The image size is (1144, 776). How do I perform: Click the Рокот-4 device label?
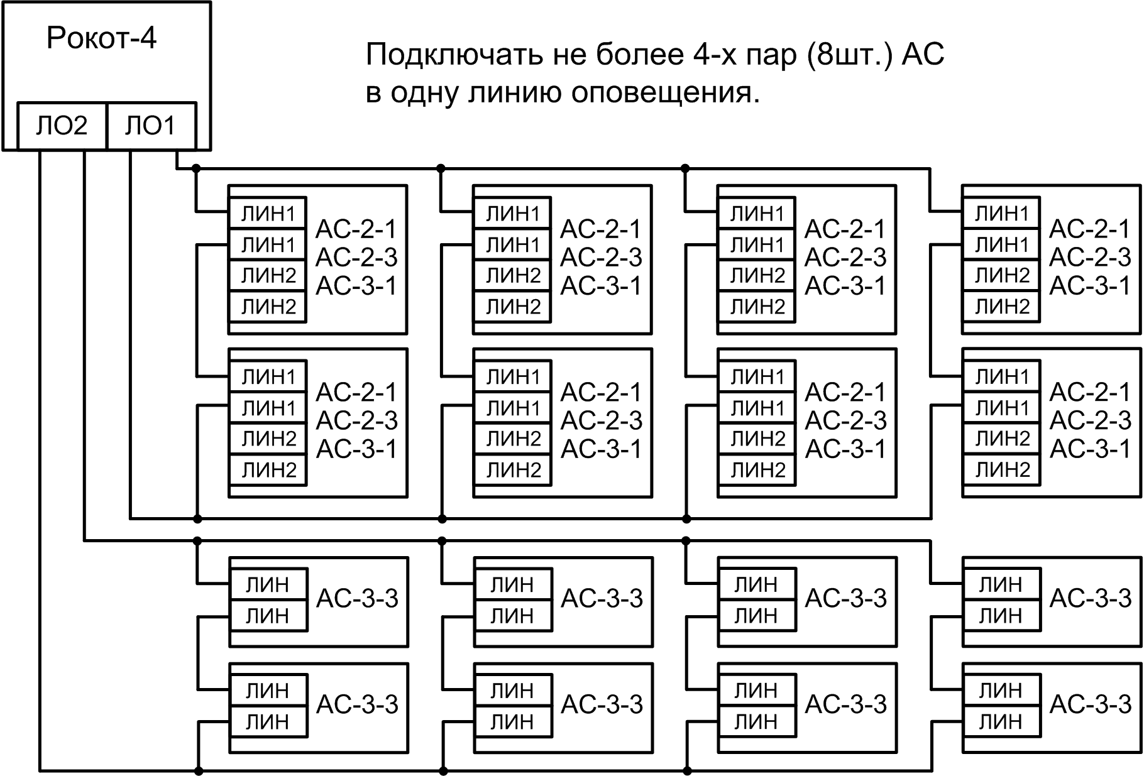101,39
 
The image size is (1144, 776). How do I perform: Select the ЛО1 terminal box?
151,126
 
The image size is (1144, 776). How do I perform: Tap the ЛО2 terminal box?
62,126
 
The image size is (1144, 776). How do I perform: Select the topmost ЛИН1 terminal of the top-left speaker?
268,214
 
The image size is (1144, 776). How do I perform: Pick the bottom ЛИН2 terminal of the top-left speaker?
268,307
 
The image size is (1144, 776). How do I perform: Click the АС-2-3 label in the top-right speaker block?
1090,257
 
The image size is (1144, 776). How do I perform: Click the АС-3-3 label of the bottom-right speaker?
1090,704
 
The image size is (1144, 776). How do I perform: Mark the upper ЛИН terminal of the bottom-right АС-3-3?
1001,691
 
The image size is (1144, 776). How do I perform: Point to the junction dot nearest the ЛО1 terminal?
196,168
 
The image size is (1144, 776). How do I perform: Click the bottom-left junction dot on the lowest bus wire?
198,770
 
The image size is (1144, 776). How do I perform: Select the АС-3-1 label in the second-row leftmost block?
356,449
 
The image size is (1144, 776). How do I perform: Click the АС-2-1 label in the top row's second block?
601,229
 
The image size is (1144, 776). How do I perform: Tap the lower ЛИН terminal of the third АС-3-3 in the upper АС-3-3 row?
756,616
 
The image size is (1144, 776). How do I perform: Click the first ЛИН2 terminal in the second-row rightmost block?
1002,438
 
